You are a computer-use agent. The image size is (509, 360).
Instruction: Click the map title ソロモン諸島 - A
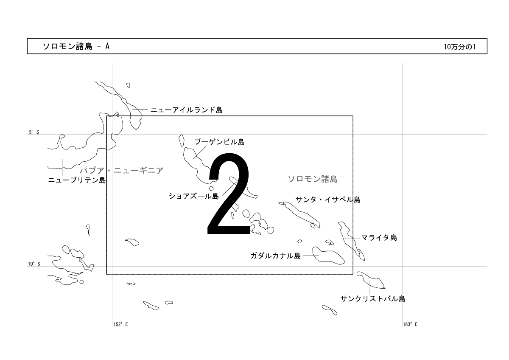(76, 46)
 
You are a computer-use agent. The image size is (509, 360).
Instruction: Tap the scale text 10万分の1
(459, 47)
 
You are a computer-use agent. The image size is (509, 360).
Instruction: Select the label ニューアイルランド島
(186, 110)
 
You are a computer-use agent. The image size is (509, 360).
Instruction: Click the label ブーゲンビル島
(220, 142)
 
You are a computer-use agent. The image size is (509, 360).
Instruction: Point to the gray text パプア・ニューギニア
(122, 170)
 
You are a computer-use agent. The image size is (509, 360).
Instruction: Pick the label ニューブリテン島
(77, 180)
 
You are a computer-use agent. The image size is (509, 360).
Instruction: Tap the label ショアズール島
(193, 196)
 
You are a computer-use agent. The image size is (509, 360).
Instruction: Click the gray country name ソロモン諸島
(313, 179)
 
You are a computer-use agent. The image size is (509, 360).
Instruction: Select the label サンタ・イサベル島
(328, 200)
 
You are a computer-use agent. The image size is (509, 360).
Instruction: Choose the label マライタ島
(379, 238)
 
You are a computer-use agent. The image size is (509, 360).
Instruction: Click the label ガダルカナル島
(276, 256)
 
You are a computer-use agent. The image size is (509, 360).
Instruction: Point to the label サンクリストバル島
(373, 298)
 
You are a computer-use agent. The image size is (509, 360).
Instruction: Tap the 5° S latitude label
(34, 132)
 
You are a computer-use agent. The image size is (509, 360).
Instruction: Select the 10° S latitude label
(34, 264)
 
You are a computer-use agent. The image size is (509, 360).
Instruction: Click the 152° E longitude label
(120, 324)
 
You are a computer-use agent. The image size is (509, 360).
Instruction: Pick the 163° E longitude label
(410, 324)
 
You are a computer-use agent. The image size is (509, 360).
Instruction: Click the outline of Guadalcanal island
(313, 253)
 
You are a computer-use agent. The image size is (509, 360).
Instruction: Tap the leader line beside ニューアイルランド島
(140, 110)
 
